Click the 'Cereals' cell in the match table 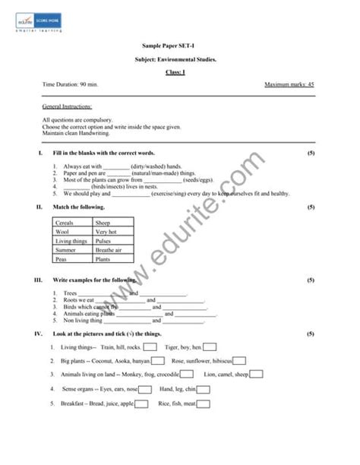[x=65, y=223]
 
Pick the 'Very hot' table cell [x=106, y=232]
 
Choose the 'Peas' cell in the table [x=62, y=259]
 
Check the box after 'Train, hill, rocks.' [x=150, y=347]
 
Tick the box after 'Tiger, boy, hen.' [x=210, y=347]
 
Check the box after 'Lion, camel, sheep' [x=257, y=374]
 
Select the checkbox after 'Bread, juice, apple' [x=141, y=403]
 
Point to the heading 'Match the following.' [x=79, y=207]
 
